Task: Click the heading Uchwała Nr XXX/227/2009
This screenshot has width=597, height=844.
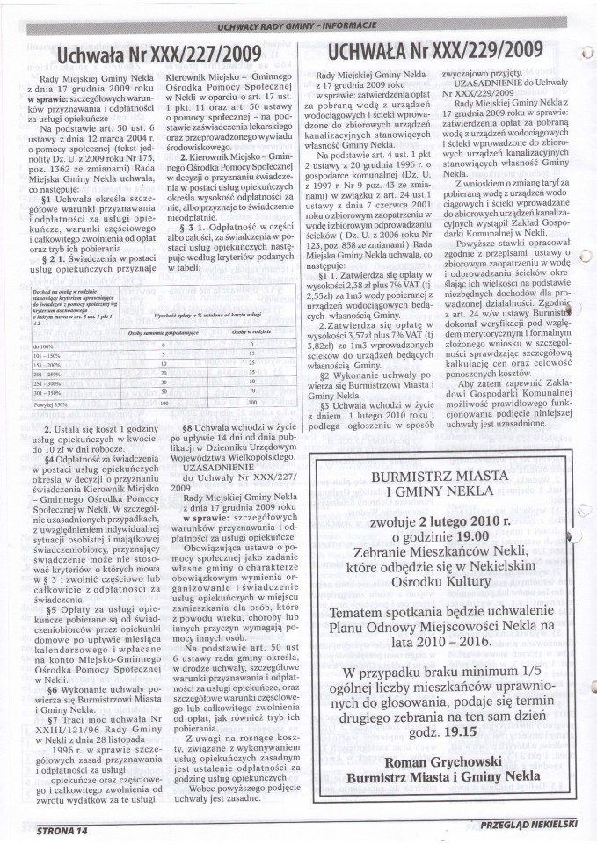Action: click(159, 55)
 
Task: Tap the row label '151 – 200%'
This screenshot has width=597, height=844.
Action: click(44, 364)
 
